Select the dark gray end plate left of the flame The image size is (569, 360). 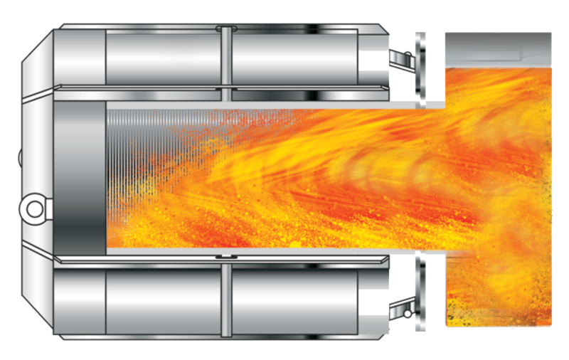point(80,174)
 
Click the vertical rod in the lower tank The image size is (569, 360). point(225,299)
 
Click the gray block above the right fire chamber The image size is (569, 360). point(498,50)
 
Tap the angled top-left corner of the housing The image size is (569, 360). point(37,50)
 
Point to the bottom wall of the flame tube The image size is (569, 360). point(270,253)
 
